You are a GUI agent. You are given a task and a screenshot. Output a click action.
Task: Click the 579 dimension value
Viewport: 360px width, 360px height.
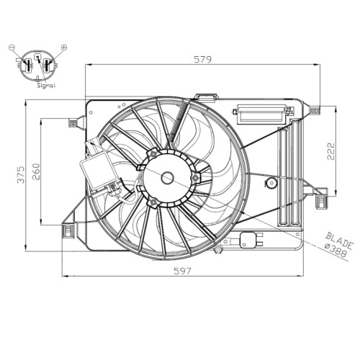[203, 59]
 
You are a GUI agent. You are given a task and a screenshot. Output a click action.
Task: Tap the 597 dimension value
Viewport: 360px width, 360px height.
[183, 271]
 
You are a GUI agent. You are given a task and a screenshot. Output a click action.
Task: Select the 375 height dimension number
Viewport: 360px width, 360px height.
[21, 175]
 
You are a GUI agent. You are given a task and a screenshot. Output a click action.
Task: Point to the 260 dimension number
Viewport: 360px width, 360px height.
[36, 171]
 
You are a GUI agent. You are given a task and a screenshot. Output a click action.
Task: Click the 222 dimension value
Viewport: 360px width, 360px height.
[330, 151]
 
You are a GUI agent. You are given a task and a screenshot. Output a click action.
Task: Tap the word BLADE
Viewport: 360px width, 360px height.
[340, 240]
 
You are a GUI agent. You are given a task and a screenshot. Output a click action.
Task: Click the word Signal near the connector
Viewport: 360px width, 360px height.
[46, 85]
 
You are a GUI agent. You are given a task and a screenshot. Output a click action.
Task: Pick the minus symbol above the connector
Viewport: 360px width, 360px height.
[12, 48]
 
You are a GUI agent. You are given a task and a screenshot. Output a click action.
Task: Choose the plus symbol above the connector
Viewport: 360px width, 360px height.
[64, 48]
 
